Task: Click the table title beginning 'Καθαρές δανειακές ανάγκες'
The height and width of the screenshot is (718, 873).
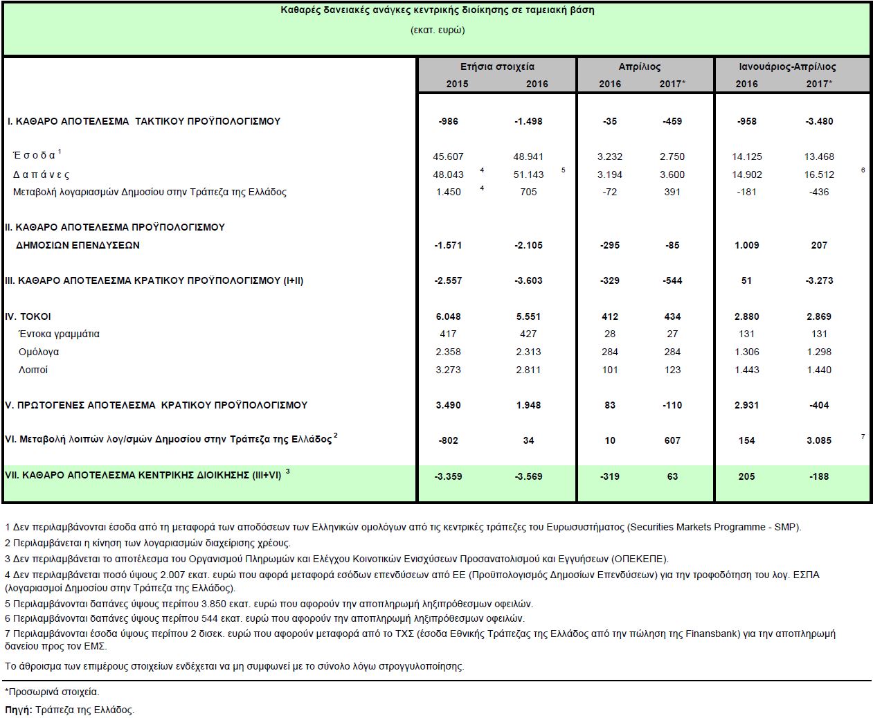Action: [437, 10]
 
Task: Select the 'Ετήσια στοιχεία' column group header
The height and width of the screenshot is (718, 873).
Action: [496, 66]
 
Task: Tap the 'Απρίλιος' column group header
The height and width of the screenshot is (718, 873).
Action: [639, 66]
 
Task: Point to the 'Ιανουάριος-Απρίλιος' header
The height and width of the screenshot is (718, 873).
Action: [786, 66]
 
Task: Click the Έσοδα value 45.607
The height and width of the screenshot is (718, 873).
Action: [448, 156]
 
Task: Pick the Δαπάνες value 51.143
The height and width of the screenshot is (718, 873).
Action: [528, 174]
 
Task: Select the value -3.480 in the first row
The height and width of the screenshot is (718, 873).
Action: [819, 121]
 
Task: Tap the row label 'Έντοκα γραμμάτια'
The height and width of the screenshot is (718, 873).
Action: [59, 334]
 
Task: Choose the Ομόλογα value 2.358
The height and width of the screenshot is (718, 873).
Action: [448, 352]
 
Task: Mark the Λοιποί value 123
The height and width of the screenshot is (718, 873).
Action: [672, 370]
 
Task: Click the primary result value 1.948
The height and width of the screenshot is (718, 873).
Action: [528, 405]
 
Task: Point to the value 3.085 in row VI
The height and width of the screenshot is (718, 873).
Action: [819, 440]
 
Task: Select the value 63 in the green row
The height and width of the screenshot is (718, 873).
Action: [672, 476]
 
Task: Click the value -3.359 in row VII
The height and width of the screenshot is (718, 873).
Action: [448, 476]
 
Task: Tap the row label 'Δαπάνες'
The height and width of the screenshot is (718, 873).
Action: [42, 174]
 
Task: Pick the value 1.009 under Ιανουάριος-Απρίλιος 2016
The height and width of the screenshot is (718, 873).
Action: [746, 245]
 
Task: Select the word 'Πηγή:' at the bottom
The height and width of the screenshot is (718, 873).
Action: [18, 710]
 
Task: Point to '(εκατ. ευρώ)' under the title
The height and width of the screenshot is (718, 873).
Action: [437, 30]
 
